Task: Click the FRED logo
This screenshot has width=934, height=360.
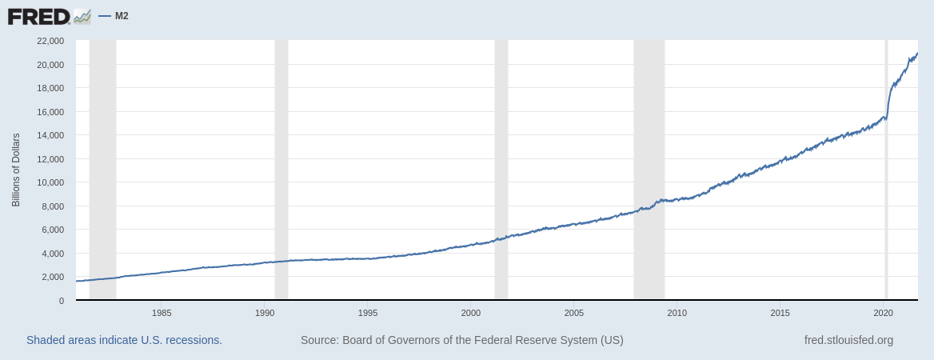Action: coord(49,16)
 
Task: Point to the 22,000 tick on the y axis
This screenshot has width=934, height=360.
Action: coord(50,41)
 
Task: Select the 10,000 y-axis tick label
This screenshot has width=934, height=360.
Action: coord(50,182)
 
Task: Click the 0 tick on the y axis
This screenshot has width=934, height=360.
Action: coord(61,301)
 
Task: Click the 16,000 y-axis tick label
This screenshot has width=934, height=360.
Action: coord(50,112)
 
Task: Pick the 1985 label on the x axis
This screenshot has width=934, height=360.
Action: coord(162,313)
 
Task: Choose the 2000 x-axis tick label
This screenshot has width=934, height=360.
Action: coord(471,313)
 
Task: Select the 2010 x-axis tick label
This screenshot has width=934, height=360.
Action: coord(677,313)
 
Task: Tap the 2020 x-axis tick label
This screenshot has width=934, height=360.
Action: coord(884,313)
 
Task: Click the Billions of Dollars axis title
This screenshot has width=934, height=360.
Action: coord(16,170)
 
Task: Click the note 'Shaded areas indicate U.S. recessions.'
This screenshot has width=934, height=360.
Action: coord(124,340)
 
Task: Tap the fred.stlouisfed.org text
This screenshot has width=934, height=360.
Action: coord(848,340)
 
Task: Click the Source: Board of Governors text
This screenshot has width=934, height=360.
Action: coord(461,340)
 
